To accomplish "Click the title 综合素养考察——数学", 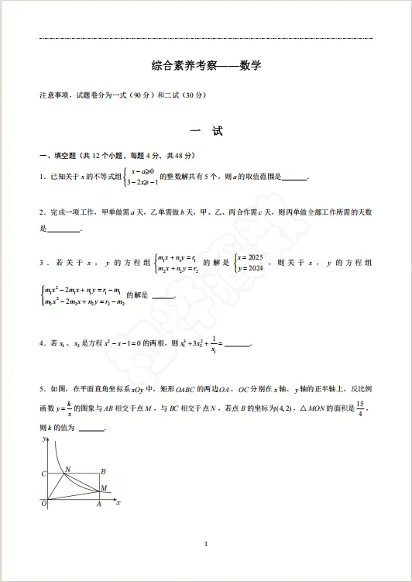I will pyautogui.click(x=206, y=67).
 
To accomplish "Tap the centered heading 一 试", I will pyautogui.click(x=206, y=132).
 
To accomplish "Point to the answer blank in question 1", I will pyautogui.click(x=294, y=177).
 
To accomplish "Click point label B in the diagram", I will pyautogui.click(x=103, y=470).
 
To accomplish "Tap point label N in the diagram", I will pyautogui.click(x=67, y=469).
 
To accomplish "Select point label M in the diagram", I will pyautogui.click(x=105, y=488).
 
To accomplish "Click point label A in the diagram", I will pyautogui.click(x=98, y=505).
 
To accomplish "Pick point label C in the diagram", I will pyautogui.click(x=43, y=473).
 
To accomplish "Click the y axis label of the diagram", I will pyautogui.click(x=43, y=439).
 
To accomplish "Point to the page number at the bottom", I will pyautogui.click(x=206, y=543).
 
